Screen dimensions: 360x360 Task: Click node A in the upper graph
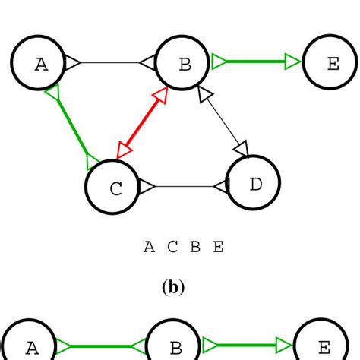40,63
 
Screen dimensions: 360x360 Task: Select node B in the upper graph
184,63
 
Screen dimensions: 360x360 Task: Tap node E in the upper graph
331,63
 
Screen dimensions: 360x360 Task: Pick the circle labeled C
114,187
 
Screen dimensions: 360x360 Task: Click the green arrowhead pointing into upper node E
293,62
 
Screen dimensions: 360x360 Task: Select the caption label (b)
173,289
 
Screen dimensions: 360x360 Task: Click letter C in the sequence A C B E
172,247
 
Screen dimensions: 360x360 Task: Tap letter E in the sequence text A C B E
219,247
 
